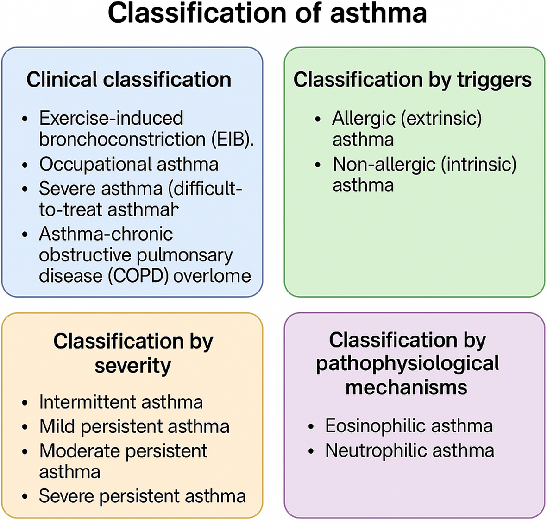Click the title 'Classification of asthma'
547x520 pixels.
[x=267, y=13]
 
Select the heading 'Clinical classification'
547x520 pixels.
[x=129, y=79]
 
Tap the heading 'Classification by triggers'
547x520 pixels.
[x=412, y=79]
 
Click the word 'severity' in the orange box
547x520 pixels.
[x=133, y=366]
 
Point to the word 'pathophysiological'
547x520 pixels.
[x=407, y=363]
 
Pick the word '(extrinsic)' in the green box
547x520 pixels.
[x=441, y=119]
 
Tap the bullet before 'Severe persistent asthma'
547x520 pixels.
[x=25, y=497]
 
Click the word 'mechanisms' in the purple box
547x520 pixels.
[x=406, y=387]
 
